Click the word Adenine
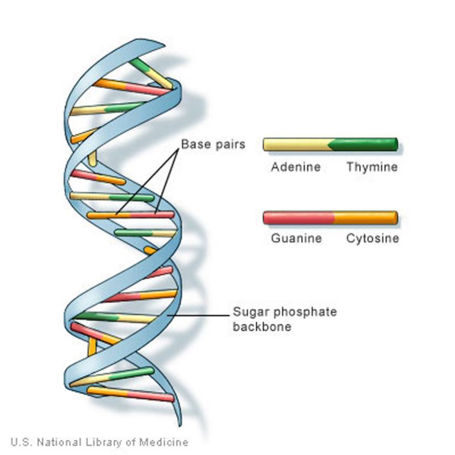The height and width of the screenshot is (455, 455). [296, 167]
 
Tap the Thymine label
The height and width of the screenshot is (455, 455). [372, 167]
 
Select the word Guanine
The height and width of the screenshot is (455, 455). [296, 239]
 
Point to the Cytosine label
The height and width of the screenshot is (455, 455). [373, 239]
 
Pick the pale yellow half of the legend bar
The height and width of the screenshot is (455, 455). [296, 145]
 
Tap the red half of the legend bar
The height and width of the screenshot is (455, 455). [298, 217]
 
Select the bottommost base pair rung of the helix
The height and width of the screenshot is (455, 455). [131, 392]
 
